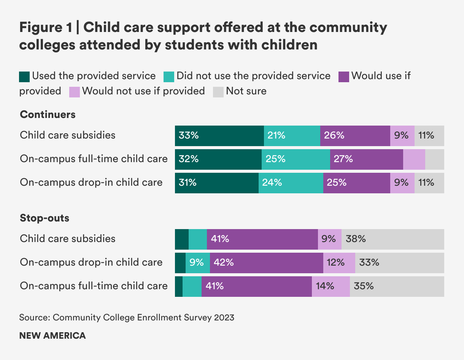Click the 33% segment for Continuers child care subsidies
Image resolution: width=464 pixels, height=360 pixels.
coord(219,136)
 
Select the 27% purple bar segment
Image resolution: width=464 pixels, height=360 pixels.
coord(366,159)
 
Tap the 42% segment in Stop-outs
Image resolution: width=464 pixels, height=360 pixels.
coord(266,263)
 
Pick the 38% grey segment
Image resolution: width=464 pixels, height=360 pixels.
coord(392,239)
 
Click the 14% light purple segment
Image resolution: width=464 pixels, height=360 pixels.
coord(331,286)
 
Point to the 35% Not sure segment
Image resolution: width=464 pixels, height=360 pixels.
coord(397,286)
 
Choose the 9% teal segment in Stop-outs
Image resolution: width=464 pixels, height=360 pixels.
coord(197,263)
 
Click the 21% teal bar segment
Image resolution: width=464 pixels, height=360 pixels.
coord(292,136)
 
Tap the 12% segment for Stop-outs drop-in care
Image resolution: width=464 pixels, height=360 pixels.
coord(339,263)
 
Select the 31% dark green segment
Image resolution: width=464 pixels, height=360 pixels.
coord(216,183)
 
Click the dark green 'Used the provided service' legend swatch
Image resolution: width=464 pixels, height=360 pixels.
coord(24,76)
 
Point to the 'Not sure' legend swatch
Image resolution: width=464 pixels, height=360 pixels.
coord(218,92)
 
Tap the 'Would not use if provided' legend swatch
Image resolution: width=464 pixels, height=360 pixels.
coord(74,92)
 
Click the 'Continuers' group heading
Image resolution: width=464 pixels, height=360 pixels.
coord(48,115)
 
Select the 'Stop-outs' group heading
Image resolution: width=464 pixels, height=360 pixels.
coord(44,218)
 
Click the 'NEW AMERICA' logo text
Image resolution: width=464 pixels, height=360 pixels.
coord(52,336)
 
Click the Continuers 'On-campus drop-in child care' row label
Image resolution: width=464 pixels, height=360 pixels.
coord(91,182)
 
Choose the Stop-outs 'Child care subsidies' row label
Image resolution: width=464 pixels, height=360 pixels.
coord(68,239)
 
